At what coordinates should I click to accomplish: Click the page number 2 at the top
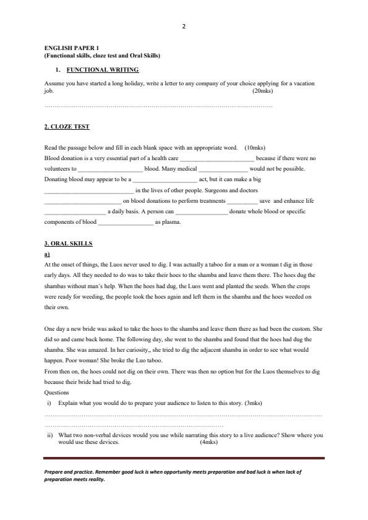click(184, 26)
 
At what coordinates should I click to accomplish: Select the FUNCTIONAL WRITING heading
click(103, 70)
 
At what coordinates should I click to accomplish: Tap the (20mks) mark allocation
click(263, 91)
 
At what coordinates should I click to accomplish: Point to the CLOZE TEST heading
click(67, 127)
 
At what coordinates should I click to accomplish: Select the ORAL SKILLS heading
click(66, 244)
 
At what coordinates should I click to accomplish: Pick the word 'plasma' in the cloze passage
click(172, 223)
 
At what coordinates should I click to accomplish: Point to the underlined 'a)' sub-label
click(47, 254)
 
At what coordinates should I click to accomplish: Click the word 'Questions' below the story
click(57, 392)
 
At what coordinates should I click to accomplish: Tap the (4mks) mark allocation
click(209, 443)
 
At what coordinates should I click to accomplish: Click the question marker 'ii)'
click(50, 435)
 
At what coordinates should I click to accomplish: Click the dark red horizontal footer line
click(184, 458)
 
